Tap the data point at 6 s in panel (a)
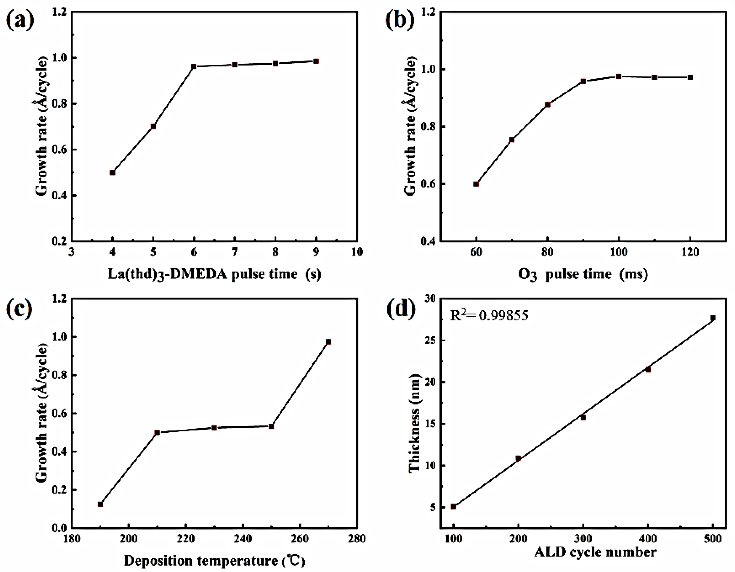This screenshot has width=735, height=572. pyautogui.click(x=194, y=66)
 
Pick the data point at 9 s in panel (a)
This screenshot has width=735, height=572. pyautogui.click(x=316, y=61)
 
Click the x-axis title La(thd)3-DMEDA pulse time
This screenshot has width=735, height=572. pyautogui.click(x=214, y=274)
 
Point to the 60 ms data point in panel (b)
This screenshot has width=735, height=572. pyautogui.click(x=476, y=184)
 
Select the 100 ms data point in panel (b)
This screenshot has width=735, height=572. pyautogui.click(x=619, y=76)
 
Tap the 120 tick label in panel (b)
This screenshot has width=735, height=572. pyautogui.click(x=690, y=252)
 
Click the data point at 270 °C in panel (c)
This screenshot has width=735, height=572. pyautogui.click(x=328, y=342)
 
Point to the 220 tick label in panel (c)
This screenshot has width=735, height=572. pyautogui.click(x=185, y=539)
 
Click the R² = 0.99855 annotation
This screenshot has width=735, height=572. pyautogui.click(x=489, y=315)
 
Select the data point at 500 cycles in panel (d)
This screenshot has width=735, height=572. pyautogui.click(x=712, y=318)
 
